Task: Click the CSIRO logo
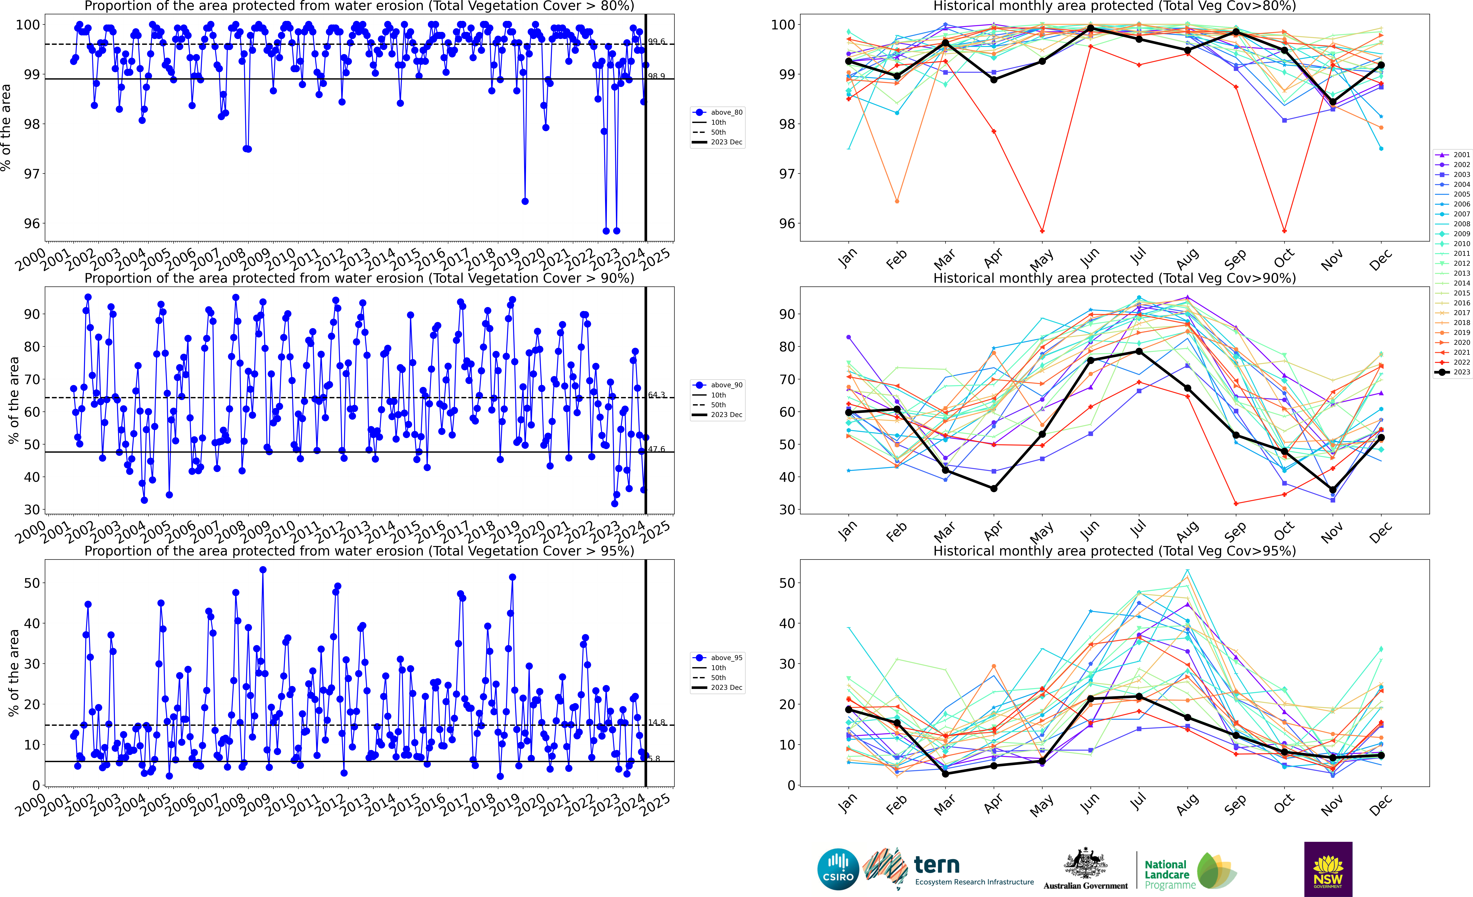coord(838,869)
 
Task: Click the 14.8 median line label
coord(656,722)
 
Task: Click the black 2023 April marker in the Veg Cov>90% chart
coord(994,489)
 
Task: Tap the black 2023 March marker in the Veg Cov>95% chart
coord(945,774)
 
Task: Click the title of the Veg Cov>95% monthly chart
coord(1114,551)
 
